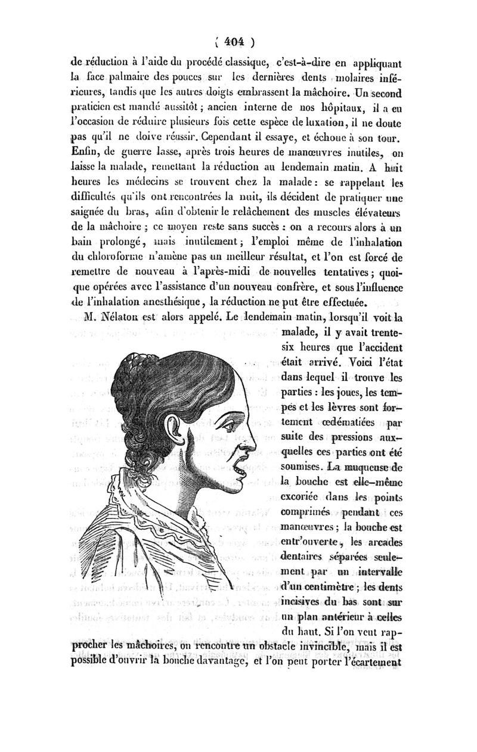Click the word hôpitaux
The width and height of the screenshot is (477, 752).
[321, 108]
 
